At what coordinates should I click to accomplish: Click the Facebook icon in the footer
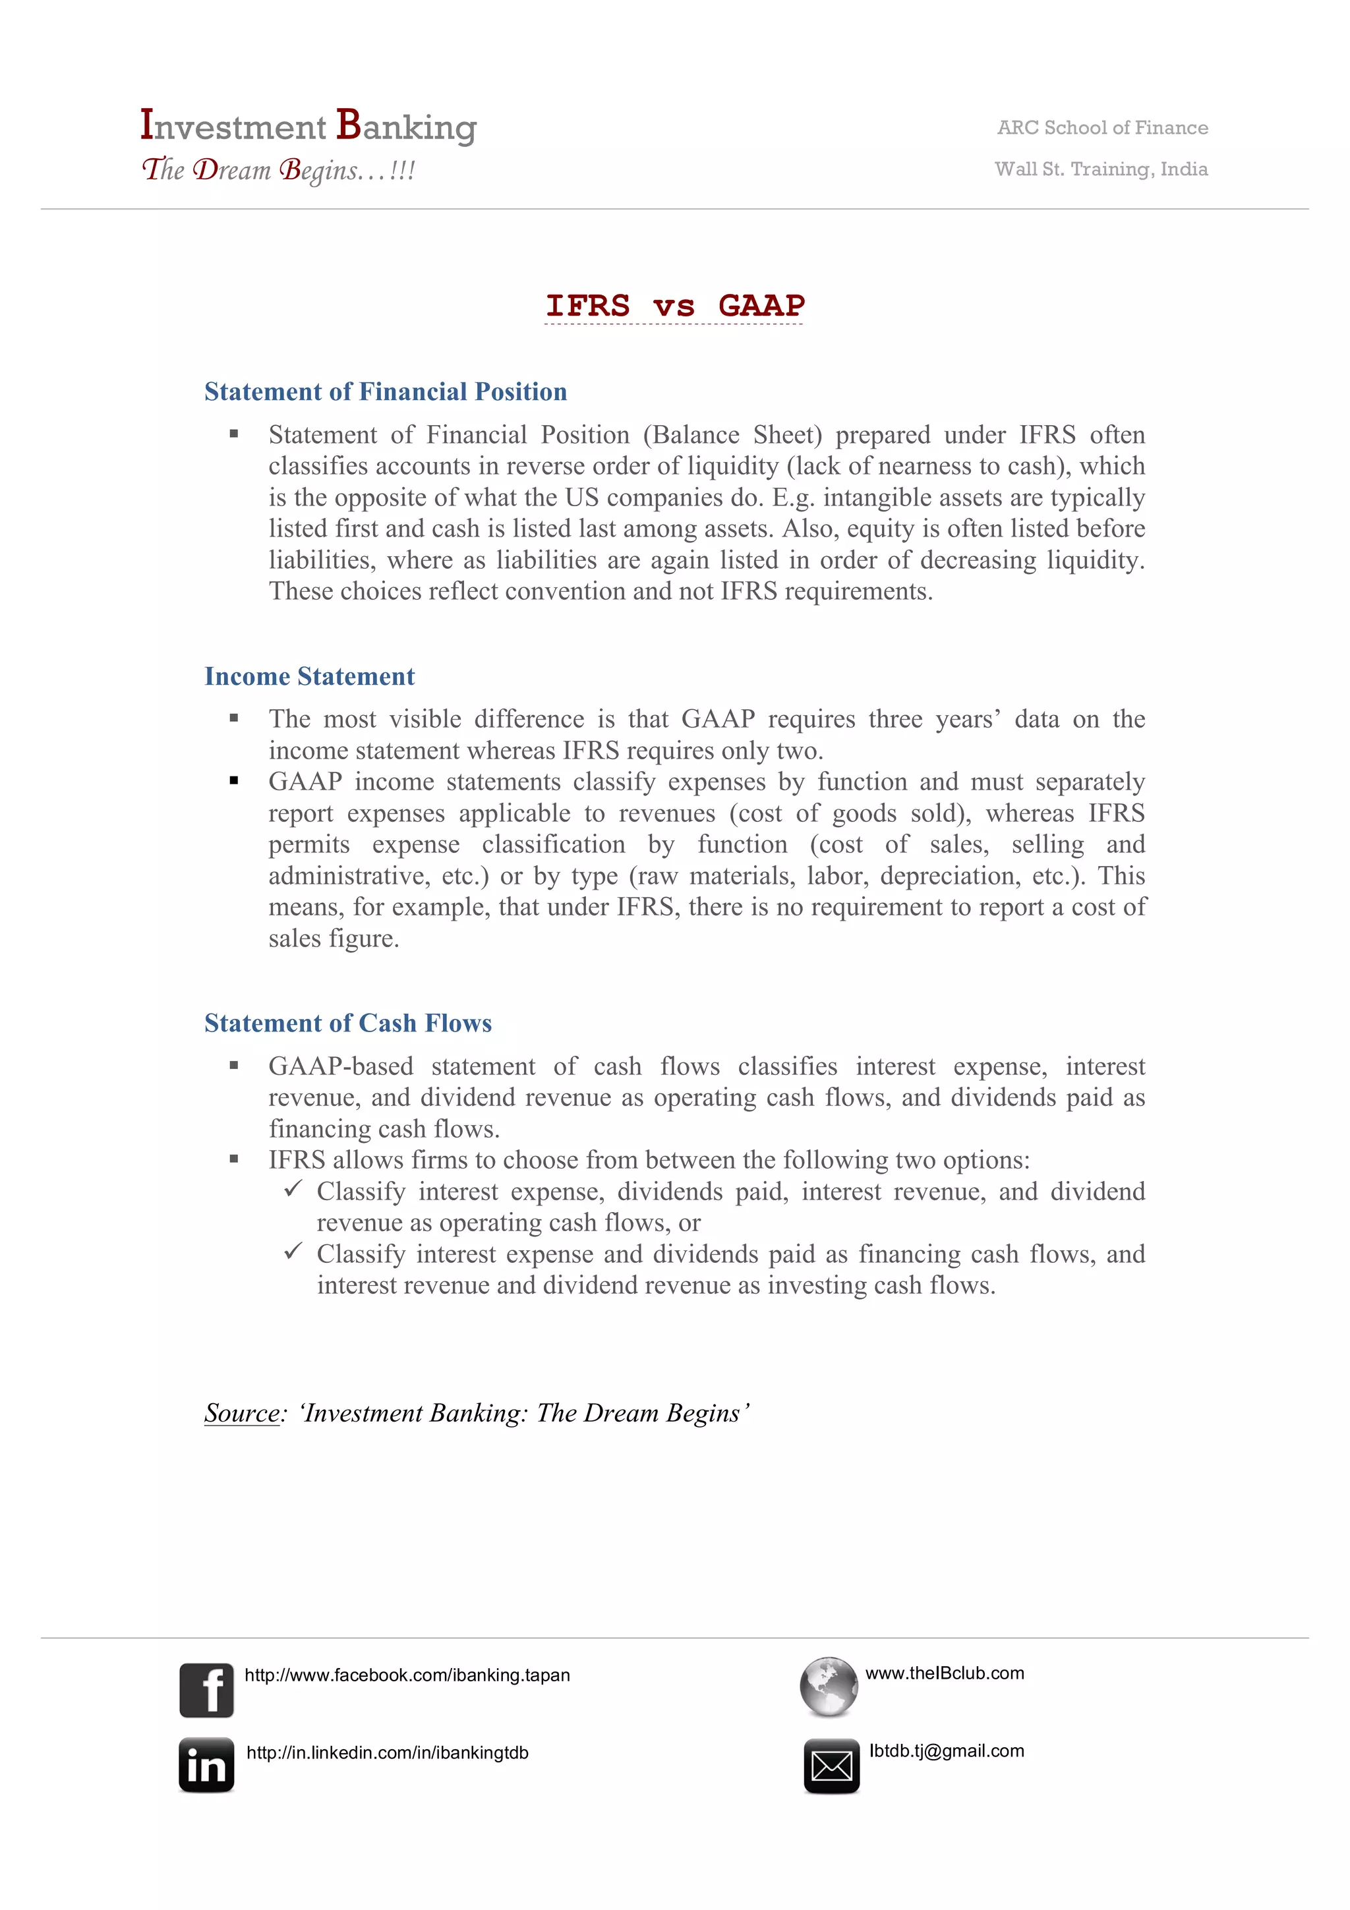(206, 1690)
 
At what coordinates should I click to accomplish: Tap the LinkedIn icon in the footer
(206, 1764)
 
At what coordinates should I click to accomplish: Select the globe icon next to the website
(829, 1686)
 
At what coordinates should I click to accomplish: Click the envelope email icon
(831, 1765)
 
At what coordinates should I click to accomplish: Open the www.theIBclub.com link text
(944, 1673)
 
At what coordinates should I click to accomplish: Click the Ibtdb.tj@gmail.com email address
(946, 1751)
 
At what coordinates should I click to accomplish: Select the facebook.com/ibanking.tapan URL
(407, 1675)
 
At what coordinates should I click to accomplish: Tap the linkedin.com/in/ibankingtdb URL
(387, 1752)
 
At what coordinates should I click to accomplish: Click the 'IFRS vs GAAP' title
(674, 305)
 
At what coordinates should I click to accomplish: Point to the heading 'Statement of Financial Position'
(385, 391)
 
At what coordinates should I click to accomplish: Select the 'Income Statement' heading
(309, 676)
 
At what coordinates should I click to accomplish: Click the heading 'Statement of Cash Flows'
(347, 1023)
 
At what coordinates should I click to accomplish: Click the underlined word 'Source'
(242, 1413)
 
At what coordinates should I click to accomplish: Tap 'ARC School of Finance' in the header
(1102, 127)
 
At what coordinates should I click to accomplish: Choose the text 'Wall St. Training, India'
(1100, 169)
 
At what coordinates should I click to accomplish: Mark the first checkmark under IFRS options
(293, 1189)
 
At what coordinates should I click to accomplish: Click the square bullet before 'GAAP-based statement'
(234, 1066)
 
